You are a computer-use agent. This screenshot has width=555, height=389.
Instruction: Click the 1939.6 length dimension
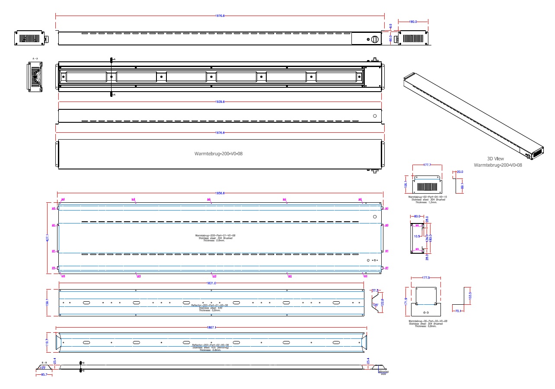pos(220,102)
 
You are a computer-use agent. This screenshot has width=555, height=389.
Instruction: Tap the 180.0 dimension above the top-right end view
pos(413,21)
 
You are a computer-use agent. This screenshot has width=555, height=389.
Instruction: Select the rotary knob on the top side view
pos(375,39)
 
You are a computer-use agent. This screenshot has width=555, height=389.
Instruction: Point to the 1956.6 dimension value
pos(220,193)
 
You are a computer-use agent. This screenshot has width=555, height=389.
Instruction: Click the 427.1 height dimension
pos(48,237)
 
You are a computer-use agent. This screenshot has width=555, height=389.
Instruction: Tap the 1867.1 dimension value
pos(212,328)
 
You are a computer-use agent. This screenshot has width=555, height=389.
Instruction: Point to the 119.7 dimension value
pos(48,341)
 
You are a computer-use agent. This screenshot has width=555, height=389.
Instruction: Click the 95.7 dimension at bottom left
pos(43,374)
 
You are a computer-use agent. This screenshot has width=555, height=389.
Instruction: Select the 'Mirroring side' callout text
pos(383,372)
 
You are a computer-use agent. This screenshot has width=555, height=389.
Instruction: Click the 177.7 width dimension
pos(427,165)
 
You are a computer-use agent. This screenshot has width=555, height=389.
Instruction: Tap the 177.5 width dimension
pos(426,278)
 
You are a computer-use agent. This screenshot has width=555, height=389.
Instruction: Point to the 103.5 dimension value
pos(470,296)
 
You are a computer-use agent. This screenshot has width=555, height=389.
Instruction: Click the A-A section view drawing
pos(35,77)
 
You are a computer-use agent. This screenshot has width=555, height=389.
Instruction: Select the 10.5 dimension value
pos(417,236)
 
